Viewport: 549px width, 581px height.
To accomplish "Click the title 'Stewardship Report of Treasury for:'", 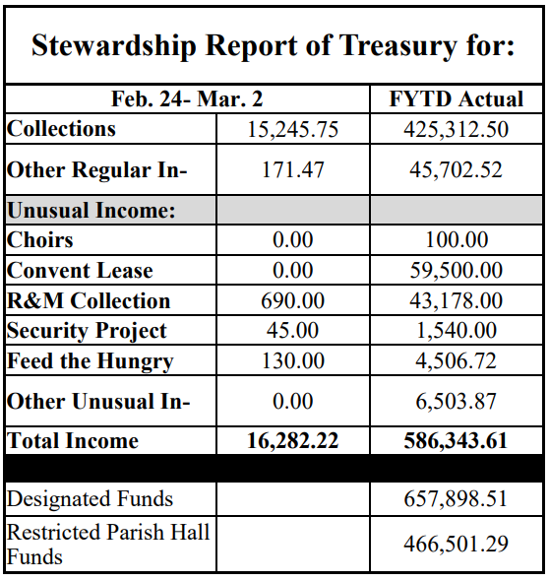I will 274,46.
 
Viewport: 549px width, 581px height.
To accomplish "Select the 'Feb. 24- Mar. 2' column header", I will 186,99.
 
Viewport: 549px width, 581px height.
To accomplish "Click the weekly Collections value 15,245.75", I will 292,129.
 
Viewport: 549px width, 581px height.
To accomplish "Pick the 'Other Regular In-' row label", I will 96,169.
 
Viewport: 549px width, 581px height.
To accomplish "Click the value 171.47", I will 292,169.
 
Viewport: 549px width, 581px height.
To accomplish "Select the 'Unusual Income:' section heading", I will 91,210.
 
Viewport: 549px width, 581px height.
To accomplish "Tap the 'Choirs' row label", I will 40,240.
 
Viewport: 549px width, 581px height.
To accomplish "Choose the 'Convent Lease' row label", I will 80,271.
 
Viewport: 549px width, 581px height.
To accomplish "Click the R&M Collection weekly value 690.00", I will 292,301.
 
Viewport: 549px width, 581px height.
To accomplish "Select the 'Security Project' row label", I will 87,331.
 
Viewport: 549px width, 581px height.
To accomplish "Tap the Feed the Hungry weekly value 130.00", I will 292,361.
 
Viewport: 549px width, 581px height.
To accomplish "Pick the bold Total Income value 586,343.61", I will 456,441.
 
